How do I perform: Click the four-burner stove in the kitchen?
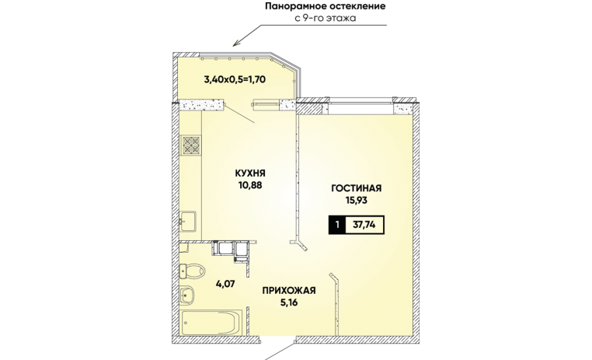tap(191, 145)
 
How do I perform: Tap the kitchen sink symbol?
tap(188, 221)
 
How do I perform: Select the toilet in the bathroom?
tap(192, 271)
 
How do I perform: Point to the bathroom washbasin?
tap(186, 295)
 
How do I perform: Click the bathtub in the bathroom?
tap(211, 322)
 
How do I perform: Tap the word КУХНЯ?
tap(250, 173)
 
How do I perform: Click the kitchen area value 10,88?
tap(250, 185)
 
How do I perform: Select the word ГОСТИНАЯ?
tap(356, 188)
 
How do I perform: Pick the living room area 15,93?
tap(356, 200)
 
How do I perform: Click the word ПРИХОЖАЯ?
tap(289, 291)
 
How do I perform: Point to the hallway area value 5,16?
tap(289, 302)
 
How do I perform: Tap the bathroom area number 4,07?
tap(226, 283)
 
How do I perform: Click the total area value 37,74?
tap(364, 225)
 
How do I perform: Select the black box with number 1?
tap(337, 225)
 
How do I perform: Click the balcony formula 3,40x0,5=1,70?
tap(235, 79)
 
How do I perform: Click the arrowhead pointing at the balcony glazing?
tap(235, 44)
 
